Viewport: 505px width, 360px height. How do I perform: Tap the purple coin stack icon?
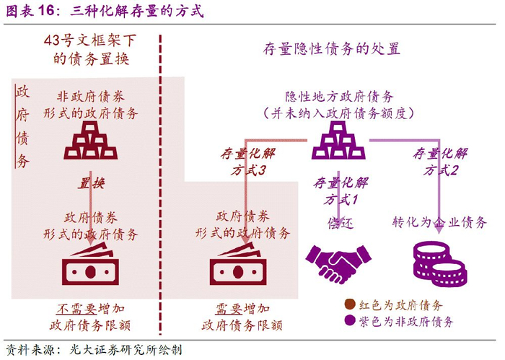click(x=440, y=265)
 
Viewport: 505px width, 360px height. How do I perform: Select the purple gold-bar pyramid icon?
click(x=338, y=141)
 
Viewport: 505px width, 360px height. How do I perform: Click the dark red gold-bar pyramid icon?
click(x=90, y=141)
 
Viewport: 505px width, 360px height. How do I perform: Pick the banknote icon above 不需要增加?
click(x=90, y=264)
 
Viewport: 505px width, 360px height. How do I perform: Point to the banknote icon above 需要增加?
click(x=238, y=264)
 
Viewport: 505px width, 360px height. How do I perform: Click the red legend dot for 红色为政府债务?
click(x=350, y=304)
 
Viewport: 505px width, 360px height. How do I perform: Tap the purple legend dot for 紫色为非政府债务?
click(x=350, y=320)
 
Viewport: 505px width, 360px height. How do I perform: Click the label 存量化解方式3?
click(x=248, y=162)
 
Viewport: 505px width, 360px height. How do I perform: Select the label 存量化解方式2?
click(x=440, y=162)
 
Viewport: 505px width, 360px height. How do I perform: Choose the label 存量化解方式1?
click(x=341, y=191)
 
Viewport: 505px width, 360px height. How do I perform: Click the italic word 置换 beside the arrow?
click(x=91, y=183)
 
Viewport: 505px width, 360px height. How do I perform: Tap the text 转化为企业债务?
click(x=439, y=222)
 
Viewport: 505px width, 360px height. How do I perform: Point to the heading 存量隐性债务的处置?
click(x=332, y=49)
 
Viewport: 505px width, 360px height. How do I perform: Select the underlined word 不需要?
click(x=76, y=309)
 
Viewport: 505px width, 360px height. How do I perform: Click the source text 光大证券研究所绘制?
click(x=126, y=350)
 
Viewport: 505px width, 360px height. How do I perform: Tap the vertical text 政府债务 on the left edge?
click(x=22, y=127)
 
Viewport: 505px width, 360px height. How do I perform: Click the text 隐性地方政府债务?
click(x=339, y=96)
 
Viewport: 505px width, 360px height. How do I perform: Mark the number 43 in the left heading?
click(x=52, y=40)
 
